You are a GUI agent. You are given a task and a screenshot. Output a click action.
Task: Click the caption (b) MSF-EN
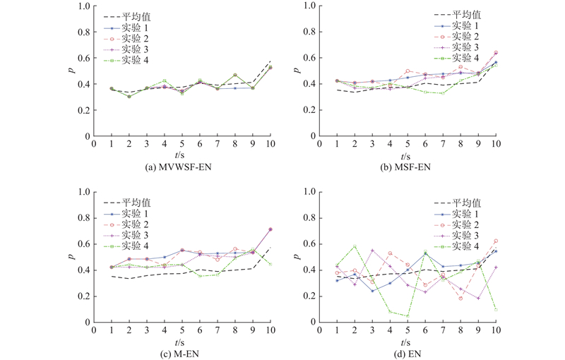[x=407, y=167]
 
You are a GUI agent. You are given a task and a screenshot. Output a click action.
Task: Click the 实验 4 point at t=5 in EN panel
[x=408, y=316]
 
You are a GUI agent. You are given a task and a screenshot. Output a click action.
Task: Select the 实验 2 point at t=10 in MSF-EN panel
[x=496, y=53]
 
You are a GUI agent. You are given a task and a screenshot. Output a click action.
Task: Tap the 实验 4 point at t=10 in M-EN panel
[x=270, y=264]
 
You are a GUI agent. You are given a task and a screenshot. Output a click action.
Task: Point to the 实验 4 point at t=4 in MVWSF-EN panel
[x=164, y=81]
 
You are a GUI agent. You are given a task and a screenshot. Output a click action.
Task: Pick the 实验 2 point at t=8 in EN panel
[x=460, y=298]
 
